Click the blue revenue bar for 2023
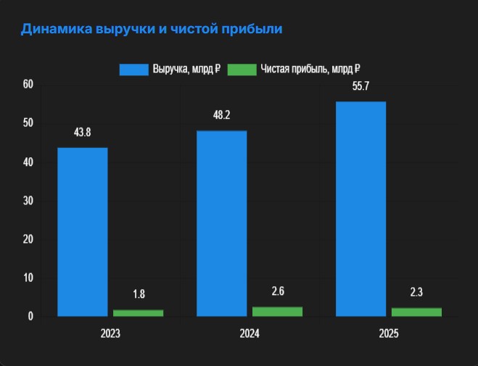click(83, 232)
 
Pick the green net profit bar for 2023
click(138, 312)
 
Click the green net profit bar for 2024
click(277, 311)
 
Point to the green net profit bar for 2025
click(416, 312)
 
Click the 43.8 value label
click(83, 133)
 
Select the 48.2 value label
click(222, 115)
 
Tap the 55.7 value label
click(361, 86)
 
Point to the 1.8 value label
click(138, 294)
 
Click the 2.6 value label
click(277, 291)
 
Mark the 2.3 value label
click(416, 293)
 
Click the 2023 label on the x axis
click(110, 335)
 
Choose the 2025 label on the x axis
click(389, 335)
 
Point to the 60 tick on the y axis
click(28, 84)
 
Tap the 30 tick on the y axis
click(28, 200)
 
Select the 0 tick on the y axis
click(31, 316)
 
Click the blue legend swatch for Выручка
click(133, 70)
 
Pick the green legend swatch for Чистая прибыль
click(242, 70)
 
